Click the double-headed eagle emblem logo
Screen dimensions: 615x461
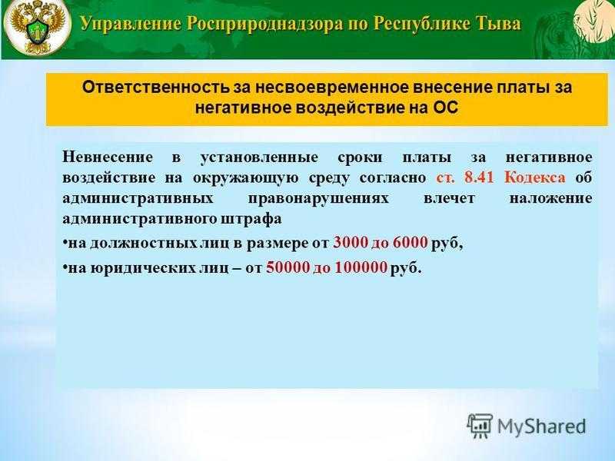coord(36,27)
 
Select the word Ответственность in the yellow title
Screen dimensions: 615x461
coord(156,88)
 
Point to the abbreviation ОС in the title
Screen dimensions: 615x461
coord(446,108)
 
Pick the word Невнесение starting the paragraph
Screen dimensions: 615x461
coord(108,158)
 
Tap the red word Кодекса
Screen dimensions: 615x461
coord(535,177)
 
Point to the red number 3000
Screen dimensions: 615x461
coord(351,243)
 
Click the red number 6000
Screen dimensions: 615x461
coord(410,243)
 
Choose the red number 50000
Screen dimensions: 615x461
coord(288,267)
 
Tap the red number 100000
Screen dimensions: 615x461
coord(361,267)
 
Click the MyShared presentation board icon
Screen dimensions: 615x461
coord(480,426)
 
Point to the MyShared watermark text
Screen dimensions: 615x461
coord(541,426)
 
